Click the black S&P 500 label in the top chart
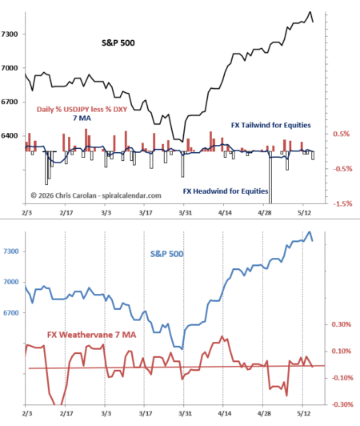[118, 43]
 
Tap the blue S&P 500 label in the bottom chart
[167, 254]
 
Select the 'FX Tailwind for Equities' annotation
[271, 125]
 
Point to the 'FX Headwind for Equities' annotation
[226, 191]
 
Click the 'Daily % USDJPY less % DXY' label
[82, 109]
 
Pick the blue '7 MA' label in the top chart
[82, 119]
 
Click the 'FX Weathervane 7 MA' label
[91, 335]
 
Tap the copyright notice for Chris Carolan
[96, 195]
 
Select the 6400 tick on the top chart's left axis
[10, 135]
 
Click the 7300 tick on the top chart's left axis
[10, 34]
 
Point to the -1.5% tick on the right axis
[342, 203]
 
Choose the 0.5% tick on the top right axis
[342, 134]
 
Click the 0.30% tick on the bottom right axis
[342, 324]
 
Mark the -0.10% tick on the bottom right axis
[342, 378]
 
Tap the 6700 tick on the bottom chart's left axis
[11, 313]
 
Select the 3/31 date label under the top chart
[185, 212]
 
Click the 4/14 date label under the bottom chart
[225, 413]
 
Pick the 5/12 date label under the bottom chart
[304, 413]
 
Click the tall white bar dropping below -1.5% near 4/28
[270, 178]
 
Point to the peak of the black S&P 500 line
[310, 12]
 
